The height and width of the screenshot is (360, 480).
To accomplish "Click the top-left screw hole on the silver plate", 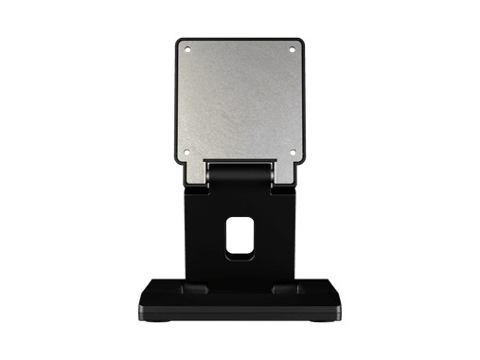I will click(x=187, y=48).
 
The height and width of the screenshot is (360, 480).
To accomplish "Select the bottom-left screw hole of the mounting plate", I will click(x=187, y=153).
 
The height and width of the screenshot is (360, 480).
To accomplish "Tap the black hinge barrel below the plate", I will click(x=240, y=173).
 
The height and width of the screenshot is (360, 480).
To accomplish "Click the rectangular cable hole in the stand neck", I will click(x=240, y=236).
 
